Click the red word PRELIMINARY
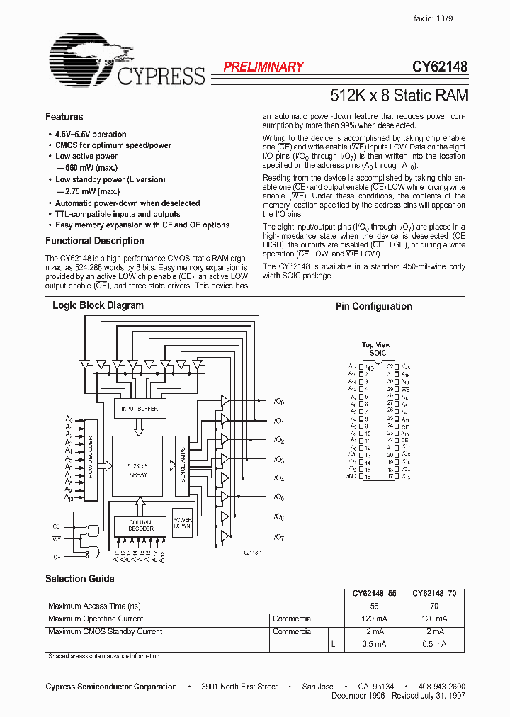[x=263, y=67]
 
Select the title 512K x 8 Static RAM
[x=399, y=94]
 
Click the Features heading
[x=64, y=117]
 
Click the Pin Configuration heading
[x=373, y=306]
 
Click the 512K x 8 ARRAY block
[x=137, y=470]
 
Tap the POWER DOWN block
[x=183, y=523]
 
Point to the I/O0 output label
[x=278, y=402]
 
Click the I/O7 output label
[x=278, y=537]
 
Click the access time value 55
[x=374, y=606]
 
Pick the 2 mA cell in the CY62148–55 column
[x=374, y=631]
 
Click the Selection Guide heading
[x=79, y=579]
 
